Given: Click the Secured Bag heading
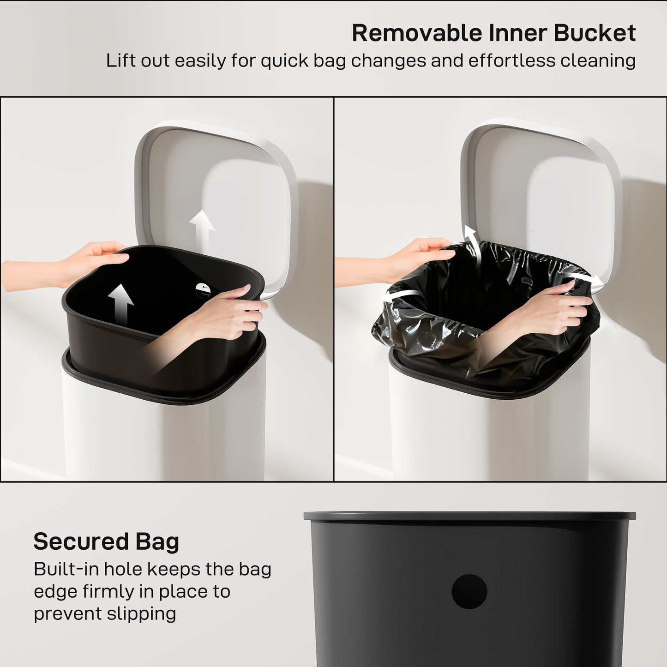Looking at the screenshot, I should point(106,541).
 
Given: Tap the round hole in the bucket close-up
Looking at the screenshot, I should point(469,591).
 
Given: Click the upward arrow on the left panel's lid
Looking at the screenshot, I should point(202,229).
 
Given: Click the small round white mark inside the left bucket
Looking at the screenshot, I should point(202,289).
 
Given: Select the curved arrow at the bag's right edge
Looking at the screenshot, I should point(584,278).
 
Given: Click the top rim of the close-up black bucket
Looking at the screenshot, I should point(469,516).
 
